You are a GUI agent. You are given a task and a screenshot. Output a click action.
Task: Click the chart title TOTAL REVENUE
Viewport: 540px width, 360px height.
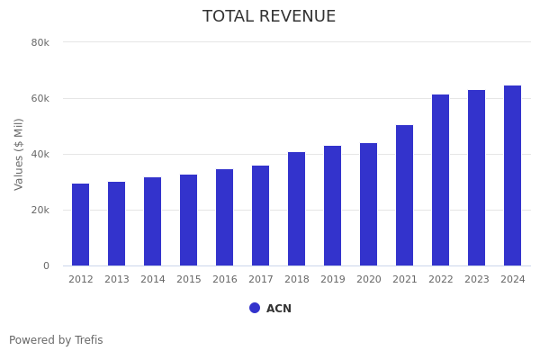pos(269,17)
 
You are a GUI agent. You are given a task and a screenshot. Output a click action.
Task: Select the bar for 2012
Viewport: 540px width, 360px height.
pos(81,225)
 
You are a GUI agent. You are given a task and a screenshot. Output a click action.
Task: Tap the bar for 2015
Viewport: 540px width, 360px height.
pos(189,220)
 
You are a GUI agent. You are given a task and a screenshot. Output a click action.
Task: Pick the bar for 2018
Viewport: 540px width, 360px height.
pos(297,209)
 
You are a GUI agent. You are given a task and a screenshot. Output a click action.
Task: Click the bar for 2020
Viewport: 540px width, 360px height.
pos(369,204)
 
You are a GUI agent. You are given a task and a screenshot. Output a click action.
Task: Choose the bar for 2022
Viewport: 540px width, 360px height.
pos(441,180)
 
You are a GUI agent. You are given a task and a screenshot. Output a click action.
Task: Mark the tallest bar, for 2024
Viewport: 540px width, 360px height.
pos(513,175)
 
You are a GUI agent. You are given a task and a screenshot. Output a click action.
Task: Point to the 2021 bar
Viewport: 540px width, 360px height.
pos(405,195)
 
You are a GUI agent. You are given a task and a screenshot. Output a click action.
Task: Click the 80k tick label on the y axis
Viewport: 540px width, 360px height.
pos(40,42)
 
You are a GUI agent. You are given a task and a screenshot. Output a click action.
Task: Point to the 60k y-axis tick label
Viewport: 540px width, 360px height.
pos(40,98)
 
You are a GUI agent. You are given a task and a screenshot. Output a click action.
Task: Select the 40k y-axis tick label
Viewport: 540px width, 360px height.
pos(40,154)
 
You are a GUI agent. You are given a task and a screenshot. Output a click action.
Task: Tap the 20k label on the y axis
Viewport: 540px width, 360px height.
pos(40,210)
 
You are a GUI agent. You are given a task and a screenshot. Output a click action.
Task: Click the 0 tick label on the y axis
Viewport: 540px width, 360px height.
pos(45,265)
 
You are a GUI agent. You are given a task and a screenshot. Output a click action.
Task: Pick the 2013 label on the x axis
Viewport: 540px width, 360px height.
pos(117,280)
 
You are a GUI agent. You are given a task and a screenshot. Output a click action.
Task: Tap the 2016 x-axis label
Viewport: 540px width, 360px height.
pos(225,280)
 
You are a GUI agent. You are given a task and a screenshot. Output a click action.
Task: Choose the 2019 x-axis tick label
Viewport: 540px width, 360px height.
pos(333,280)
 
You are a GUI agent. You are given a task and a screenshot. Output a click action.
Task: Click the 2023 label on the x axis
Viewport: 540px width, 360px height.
pos(477,280)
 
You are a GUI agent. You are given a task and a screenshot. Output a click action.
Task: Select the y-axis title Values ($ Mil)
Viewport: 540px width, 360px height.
pos(19,154)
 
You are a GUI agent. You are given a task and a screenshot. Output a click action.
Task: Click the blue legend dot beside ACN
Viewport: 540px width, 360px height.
pos(255,308)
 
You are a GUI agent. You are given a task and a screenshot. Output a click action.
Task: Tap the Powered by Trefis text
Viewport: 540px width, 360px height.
pos(56,340)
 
